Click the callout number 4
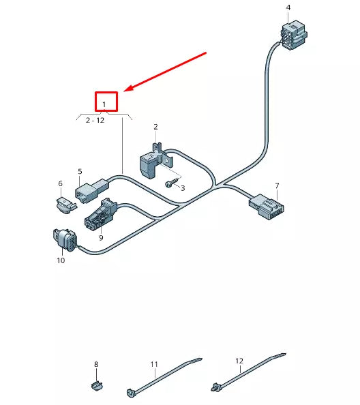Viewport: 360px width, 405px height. (288, 7)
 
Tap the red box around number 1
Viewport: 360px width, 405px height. (106, 102)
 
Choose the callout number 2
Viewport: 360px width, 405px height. (155, 127)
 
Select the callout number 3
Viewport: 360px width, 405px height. (183, 187)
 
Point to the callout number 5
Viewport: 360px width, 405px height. (80, 172)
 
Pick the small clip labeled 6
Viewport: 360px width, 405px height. (64, 202)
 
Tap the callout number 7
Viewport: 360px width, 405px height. (277, 185)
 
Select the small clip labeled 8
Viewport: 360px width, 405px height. (97, 386)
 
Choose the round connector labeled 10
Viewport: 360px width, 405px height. (65, 240)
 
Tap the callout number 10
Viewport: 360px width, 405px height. (60, 260)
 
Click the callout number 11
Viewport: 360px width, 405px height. (154, 363)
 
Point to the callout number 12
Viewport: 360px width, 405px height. (239, 361)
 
